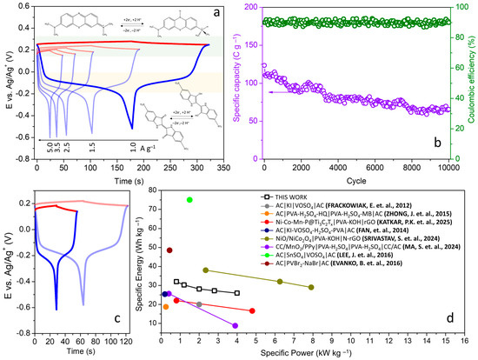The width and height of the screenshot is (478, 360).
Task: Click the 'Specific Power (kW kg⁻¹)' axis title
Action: click(x=309, y=353)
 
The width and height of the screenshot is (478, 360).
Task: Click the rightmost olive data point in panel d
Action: click(x=311, y=287)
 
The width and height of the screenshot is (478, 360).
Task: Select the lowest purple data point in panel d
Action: click(x=236, y=325)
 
